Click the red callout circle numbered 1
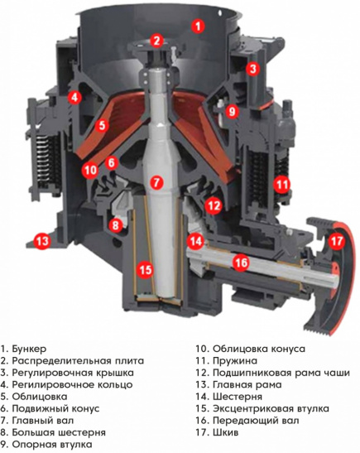coord(198,27)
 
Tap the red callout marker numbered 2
coord(156,40)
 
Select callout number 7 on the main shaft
coord(156,182)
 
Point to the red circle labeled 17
coord(337,241)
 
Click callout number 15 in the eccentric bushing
coord(146,269)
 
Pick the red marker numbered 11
coord(281,184)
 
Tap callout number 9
coord(232,111)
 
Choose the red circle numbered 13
coord(42,240)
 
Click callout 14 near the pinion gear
coord(196,241)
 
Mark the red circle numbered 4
coord(74,98)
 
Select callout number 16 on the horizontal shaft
coord(241,263)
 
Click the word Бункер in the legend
coord(29,349)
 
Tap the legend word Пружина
coord(235,361)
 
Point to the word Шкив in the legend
coord(226,432)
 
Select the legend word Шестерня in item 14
coord(238,397)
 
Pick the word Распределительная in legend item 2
coord(60,361)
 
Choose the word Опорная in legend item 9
coord(34,445)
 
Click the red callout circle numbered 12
coord(214,205)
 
